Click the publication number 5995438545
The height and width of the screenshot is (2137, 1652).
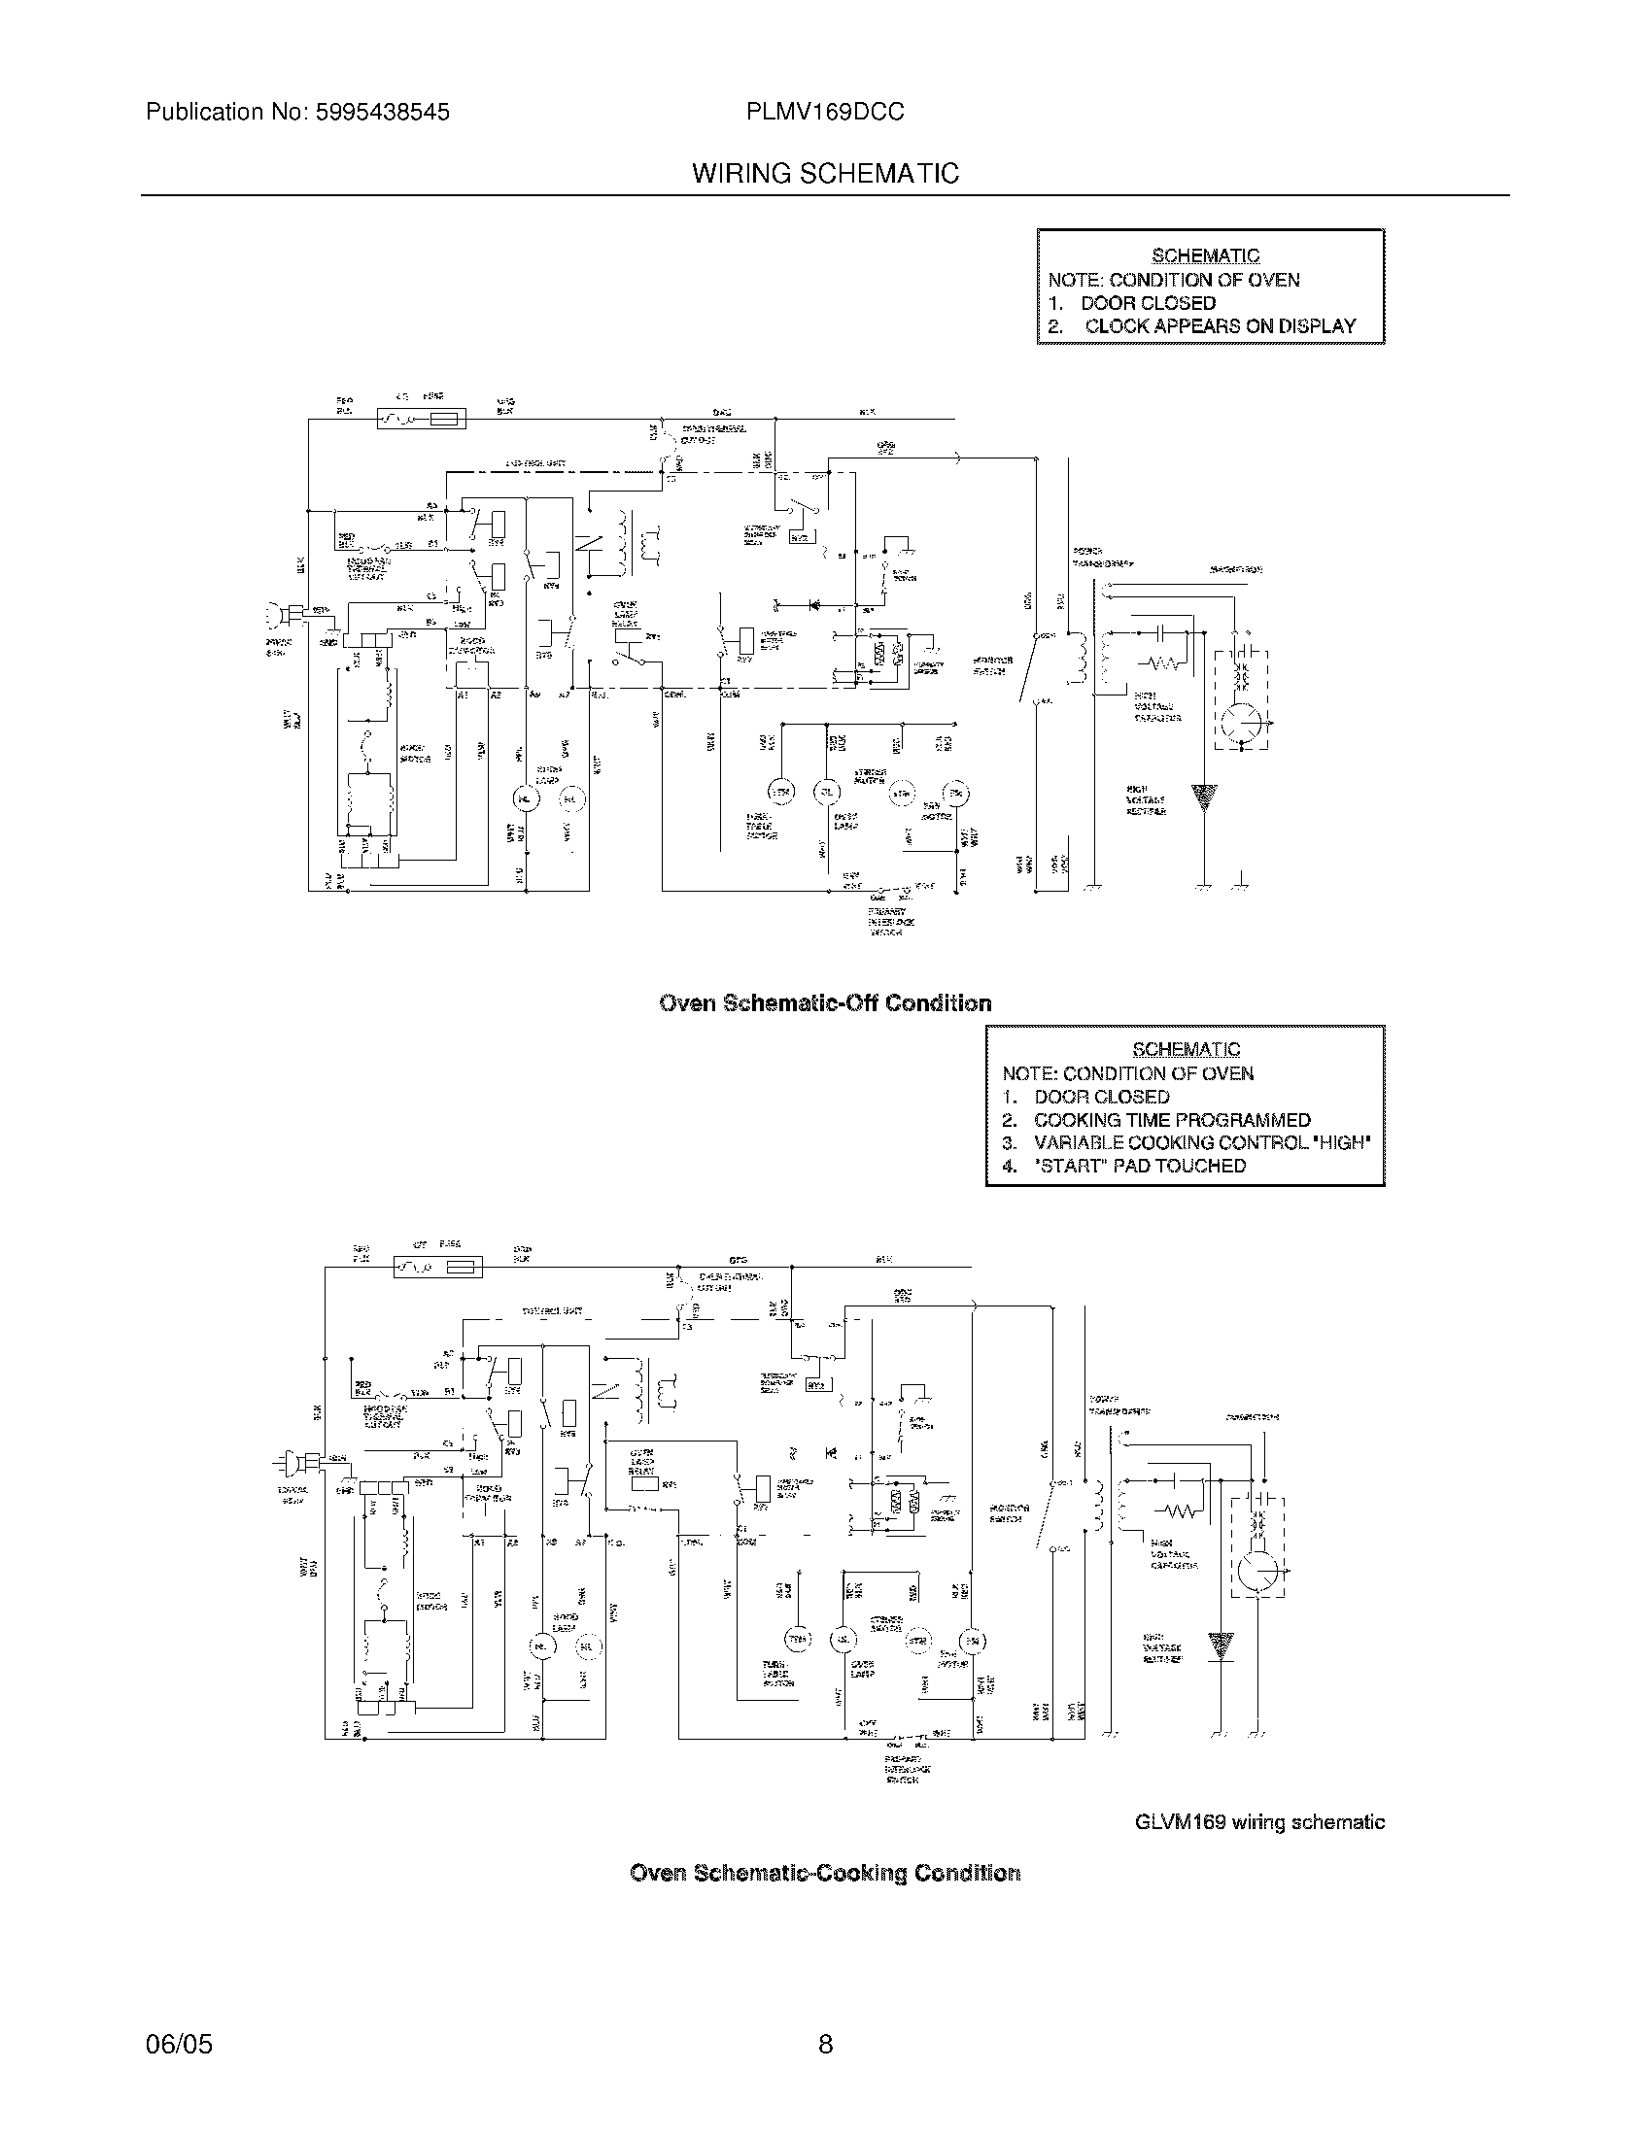click(382, 113)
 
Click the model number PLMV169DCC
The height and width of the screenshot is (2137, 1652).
click(825, 113)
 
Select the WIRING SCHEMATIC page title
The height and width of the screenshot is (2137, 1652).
click(825, 174)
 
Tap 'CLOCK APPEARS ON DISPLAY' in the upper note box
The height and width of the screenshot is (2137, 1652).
click(1220, 326)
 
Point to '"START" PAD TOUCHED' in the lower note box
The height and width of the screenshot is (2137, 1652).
click(1139, 1166)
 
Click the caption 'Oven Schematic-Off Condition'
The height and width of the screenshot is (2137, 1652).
click(825, 1003)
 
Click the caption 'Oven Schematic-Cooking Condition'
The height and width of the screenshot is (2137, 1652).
click(825, 1873)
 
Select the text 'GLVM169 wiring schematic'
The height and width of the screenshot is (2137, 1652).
click(1259, 1822)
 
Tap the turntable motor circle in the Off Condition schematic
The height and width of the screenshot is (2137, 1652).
click(780, 792)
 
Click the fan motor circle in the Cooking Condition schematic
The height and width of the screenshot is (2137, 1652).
click(973, 1640)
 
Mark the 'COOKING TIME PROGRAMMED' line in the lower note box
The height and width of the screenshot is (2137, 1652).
click(1172, 1120)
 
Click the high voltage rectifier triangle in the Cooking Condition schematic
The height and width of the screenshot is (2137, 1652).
click(1221, 1645)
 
